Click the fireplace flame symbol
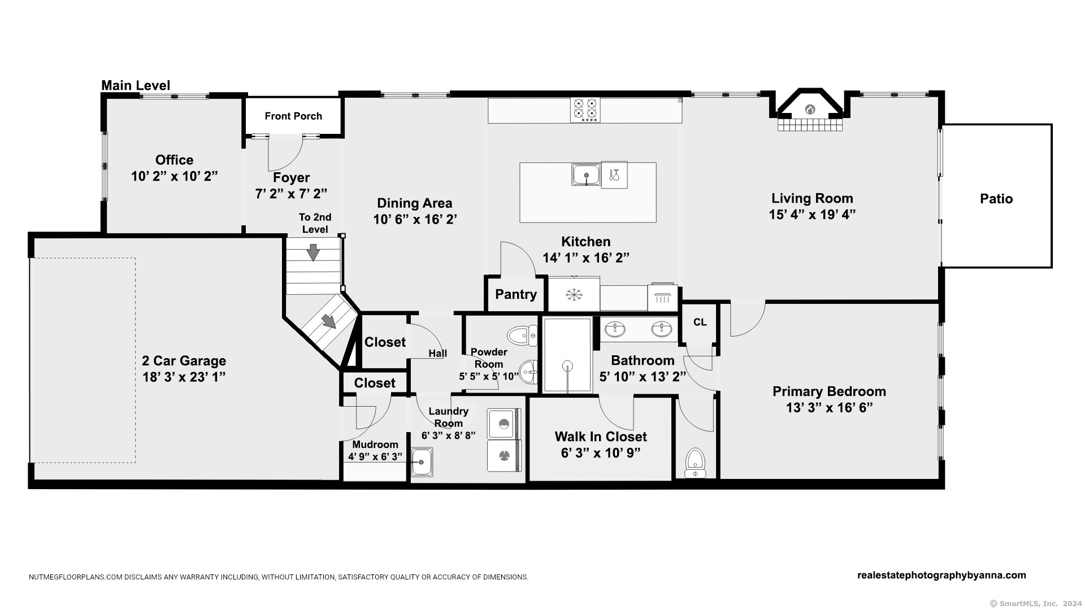810,109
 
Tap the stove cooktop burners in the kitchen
585,110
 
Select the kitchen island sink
586,175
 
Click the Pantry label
516,294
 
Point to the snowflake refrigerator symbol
574,295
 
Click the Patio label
996,199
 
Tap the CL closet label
700,322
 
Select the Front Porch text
293,116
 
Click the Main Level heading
136,85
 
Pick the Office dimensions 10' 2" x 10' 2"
175,176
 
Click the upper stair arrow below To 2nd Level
313,252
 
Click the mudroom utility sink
422,462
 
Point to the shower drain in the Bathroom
567,365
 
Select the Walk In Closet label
601,437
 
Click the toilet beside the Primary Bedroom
696,463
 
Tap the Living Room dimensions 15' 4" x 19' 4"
812,215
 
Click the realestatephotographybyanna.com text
941,576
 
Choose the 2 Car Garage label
184,361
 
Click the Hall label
437,354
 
